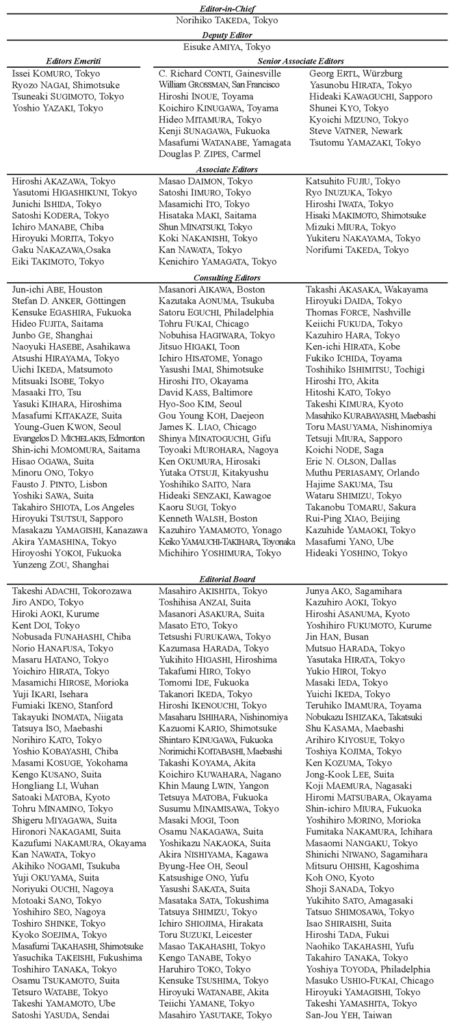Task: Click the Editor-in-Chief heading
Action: click(x=227, y=8)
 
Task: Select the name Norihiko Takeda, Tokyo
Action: click(x=227, y=21)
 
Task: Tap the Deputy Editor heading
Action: click(x=227, y=35)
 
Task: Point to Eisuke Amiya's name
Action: click(x=227, y=47)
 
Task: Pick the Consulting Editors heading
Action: click(x=227, y=278)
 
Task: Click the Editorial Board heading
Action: click(x=227, y=579)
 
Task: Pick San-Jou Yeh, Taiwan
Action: click(x=350, y=1015)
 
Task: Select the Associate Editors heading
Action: click(x=227, y=169)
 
